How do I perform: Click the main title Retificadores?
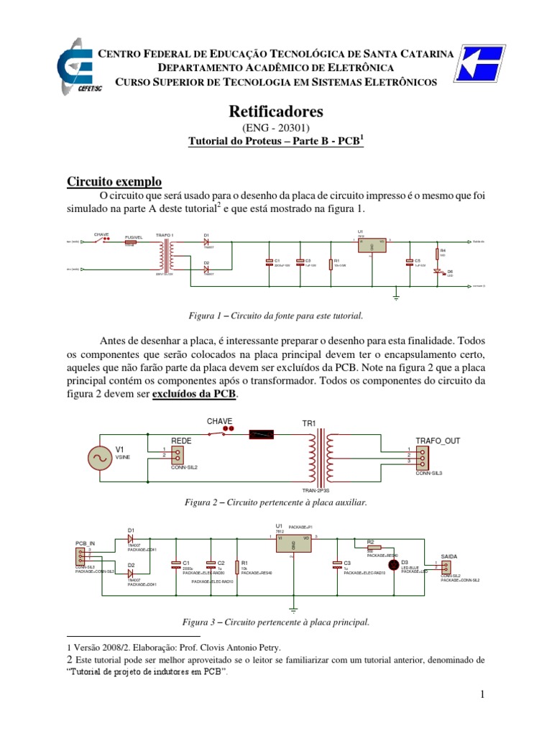[x=276, y=111]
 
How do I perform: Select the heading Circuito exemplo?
[x=114, y=181]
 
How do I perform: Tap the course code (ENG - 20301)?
[x=276, y=128]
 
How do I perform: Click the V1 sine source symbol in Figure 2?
[x=98, y=457]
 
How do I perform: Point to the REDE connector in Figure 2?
[x=176, y=454]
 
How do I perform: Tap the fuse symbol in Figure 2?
[x=261, y=433]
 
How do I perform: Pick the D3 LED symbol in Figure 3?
[x=393, y=564]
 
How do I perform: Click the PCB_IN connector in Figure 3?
[x=80, y=556]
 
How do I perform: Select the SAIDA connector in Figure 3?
[x=446, y=567]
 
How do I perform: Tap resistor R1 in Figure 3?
[x=237, y=566]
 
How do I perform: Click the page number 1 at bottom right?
[x=484, y=694]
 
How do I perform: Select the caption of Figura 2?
[x=276, y=503]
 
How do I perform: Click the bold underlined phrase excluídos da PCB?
[x=194, y=395]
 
